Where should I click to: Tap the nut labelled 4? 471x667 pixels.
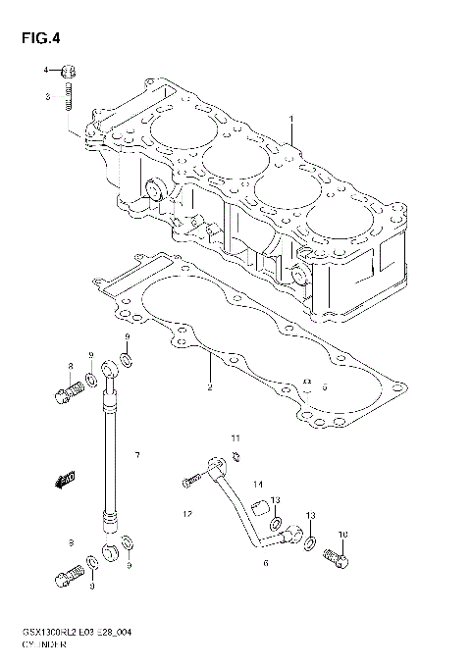(68, 71)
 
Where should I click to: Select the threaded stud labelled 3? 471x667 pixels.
(68, 97)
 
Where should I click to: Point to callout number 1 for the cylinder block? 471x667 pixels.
(290, 119)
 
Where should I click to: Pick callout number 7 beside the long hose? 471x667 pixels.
(137, 455)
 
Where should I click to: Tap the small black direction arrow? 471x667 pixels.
(67, 479)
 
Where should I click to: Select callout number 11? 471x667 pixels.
(235, 436)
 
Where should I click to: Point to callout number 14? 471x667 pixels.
(258, 485)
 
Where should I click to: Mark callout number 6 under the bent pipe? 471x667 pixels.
(265, 563)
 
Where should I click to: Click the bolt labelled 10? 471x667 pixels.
(334, 556)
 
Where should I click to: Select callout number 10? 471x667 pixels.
(342, 535)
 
